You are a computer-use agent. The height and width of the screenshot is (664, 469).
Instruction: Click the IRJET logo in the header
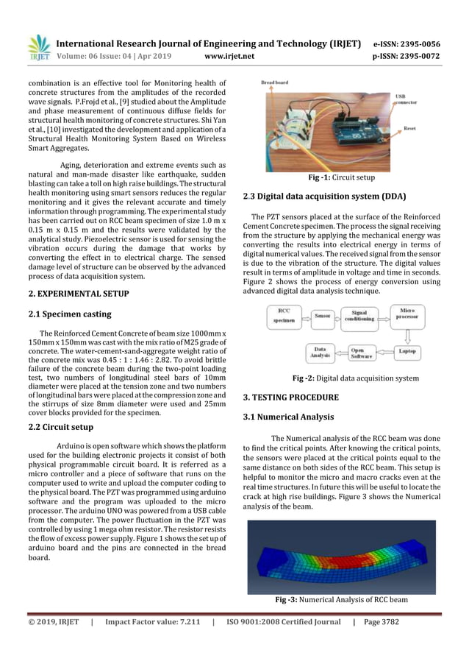click(38, 48)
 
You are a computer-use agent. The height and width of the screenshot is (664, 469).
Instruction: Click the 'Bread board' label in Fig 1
click(275, 83)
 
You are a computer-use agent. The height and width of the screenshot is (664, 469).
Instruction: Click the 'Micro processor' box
click(407, 314)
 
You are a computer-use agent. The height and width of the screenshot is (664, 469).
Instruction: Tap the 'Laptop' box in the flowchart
click(407, 352)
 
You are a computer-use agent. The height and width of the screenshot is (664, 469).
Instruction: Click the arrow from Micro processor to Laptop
click(407, 333)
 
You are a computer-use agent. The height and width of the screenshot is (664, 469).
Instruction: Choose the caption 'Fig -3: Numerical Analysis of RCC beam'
click(341, 599)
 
